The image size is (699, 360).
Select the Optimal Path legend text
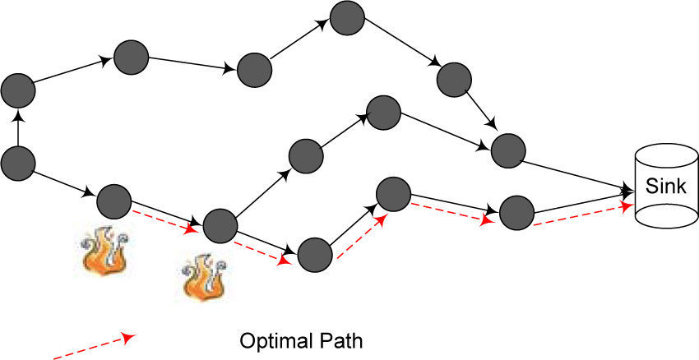pos(301,339)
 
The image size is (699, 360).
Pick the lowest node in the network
pos(313,255)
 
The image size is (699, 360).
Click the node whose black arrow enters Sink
pos(507,149)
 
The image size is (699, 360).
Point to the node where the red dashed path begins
pos(114,201)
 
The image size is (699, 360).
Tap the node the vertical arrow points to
pos(18,90)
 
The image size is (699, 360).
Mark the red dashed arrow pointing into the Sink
pos(584,215)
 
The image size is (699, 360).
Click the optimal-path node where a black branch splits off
pos(220,224)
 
